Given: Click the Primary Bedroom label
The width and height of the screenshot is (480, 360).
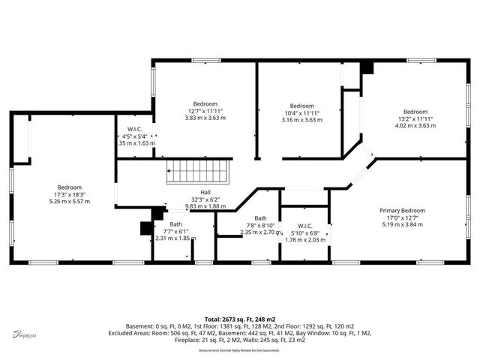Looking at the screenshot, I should pos(402,211).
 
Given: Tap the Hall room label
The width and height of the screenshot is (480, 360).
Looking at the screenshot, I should pos(205,192).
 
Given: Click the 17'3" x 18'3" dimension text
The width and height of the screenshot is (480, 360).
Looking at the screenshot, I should pos(69,194).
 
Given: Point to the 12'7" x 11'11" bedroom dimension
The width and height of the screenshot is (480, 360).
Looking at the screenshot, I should pos(205,111).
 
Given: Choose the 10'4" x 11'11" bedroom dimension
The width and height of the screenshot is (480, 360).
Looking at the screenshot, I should pos(301,112).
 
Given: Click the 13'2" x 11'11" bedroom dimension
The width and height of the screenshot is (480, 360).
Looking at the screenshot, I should pos(415,118).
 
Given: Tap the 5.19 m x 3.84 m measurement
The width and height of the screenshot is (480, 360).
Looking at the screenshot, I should pos(402,224).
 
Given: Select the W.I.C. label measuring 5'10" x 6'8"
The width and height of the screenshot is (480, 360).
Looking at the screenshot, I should pos(304,226).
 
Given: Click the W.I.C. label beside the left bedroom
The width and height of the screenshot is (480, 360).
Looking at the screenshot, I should pos(135,129).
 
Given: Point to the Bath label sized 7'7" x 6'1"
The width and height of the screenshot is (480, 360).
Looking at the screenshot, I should pos(175,224).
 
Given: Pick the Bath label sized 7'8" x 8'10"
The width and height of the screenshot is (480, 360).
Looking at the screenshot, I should pos(260,218).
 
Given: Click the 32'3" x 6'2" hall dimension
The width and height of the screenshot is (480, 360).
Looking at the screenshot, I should pos(205,199).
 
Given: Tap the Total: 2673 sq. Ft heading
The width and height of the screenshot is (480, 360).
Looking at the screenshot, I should pos(240,319).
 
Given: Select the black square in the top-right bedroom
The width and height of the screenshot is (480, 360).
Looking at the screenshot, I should pos(366,67).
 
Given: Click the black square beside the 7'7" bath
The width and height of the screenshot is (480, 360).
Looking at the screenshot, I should pos(147,229).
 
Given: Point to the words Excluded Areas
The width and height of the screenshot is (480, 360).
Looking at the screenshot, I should pos(129,332).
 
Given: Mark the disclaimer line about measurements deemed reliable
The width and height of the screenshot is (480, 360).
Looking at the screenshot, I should pos(240,350).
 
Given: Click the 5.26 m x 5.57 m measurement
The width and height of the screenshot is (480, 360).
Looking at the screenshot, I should pos(69,201).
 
